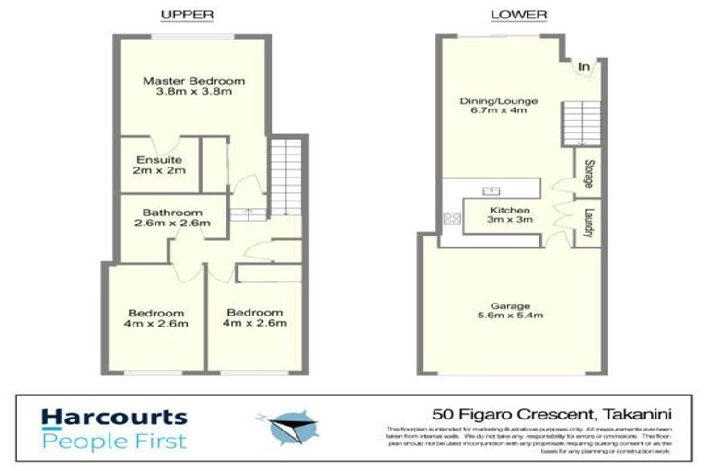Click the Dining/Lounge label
pyautogui.click(x=498, y=106)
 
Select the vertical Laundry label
pyautogui.click(x=588, y=224)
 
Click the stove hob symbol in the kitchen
pyautogui.click(x=452, y=219)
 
